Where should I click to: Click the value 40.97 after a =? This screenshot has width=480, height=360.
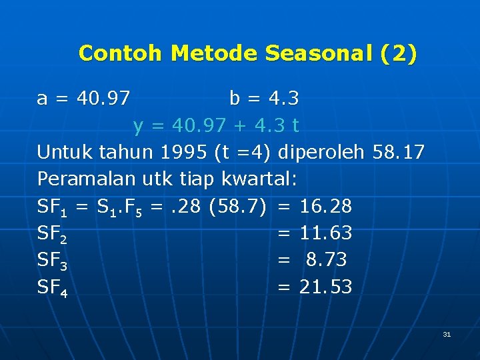pyautogui.click(x=103, y=99)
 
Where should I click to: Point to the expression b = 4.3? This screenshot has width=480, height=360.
pyautogui.click(x=264, y=99)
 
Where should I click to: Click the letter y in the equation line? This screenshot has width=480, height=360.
pyautogui.click(x=138, y=126)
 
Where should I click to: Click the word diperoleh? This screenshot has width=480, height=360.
pyautogui.click(x=321, y=153)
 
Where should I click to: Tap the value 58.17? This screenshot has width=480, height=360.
pyautogui.click(x=399, y=153)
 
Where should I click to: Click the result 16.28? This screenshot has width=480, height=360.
pyautogui.click(x=326, y=207)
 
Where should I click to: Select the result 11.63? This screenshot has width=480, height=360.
pyautogui.click(x=326, y=233)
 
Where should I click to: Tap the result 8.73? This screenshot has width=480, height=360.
pyautogui.click(x=326, y=260)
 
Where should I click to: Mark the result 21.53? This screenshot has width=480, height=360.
pyautogui.click(x=326, y=287)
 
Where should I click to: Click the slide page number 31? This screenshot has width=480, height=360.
pyautogui.click(x=447, y=334)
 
